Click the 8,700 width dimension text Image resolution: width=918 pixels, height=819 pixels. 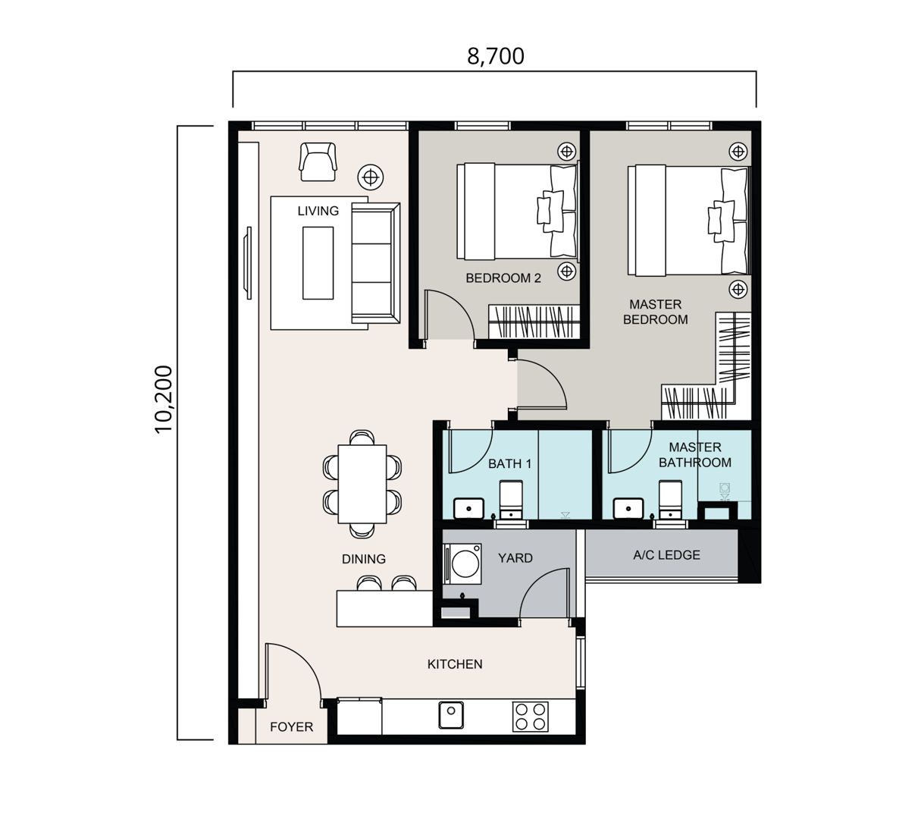pyautogui.click(x=495, y=56)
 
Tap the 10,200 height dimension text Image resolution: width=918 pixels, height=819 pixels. pyautogui.click(x=164, y=399)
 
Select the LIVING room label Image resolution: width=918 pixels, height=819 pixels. pyautogui.click(x=318, y=211)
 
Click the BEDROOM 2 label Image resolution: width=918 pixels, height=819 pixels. pyautogui.click(x=503, y=278)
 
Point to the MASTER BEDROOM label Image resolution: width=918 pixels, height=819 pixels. pyautogui.click(x=656, y=312)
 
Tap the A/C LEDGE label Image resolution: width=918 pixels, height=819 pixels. pyautogui.click(x=666, y=555)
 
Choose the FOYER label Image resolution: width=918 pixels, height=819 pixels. pyautogui.click(x=291, y=726)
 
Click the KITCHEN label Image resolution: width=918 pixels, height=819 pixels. pyautogui.click(x=455, y=664)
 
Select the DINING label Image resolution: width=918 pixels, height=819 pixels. pyautogui.click(x=364, y=559)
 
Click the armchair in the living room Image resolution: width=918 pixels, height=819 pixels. pyautogui.click(x=318, y=161)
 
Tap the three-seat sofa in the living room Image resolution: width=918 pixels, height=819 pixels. pyautogui.click(x=375, y=263)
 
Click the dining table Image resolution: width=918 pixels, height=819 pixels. pyautogui.click(x=362, y=484)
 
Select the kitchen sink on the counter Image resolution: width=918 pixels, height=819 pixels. pyautogui.click(x=451, y=715)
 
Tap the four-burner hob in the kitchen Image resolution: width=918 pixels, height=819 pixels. pyautogui.click(x=530, y=717)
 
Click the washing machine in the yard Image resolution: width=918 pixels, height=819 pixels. pyautogui.click(x=463, y=563)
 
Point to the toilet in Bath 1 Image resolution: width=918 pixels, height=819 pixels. pyautogui.click(x=511, y=500)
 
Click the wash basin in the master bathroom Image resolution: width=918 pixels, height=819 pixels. pyautogui.click(x=628, y=509)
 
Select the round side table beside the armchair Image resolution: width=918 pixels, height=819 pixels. pyautogui.click(x=371, y=177)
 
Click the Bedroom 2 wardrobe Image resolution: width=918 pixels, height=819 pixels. pyautogui.click(x=534, y=322)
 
